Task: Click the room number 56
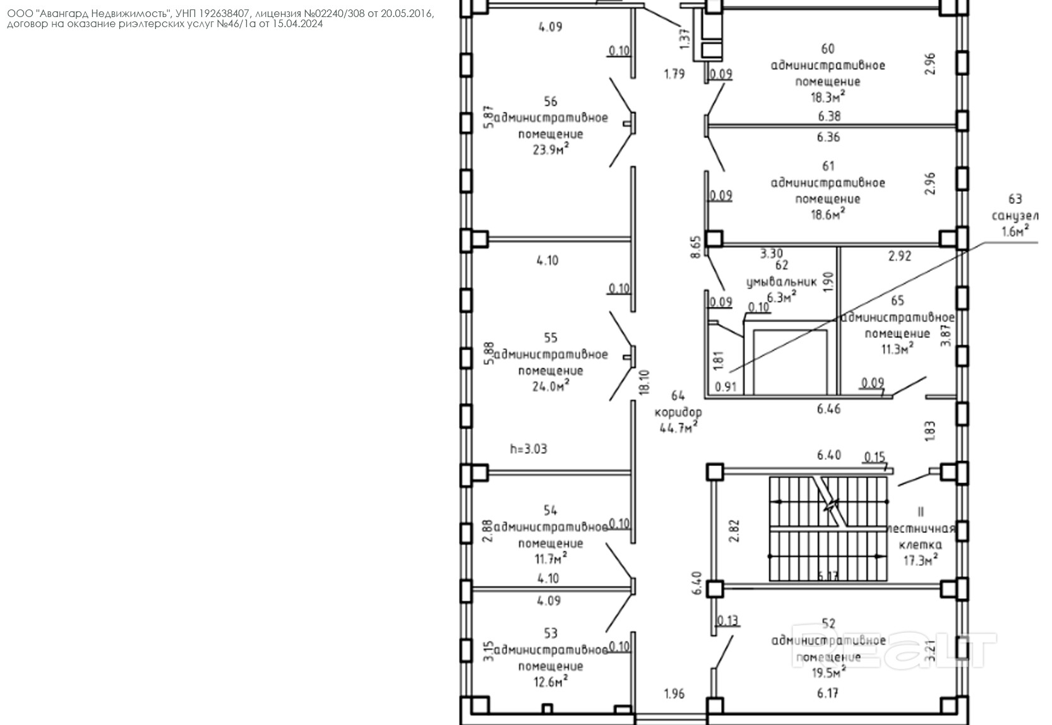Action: (550, 102)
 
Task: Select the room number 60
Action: (828, 49)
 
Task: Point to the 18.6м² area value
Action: (828, 215)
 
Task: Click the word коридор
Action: (678, 412)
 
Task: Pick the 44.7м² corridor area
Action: (678, 429)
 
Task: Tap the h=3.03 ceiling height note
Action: (529, 449)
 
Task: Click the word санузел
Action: (1015, 216)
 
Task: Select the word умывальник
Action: (781, 282)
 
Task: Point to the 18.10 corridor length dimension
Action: (644, 382)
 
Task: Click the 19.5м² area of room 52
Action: (828, 673)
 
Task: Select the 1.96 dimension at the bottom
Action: (674, 694)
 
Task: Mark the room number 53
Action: (550, 633)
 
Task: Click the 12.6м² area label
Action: (550, 681)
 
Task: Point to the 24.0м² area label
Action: (550, 386)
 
